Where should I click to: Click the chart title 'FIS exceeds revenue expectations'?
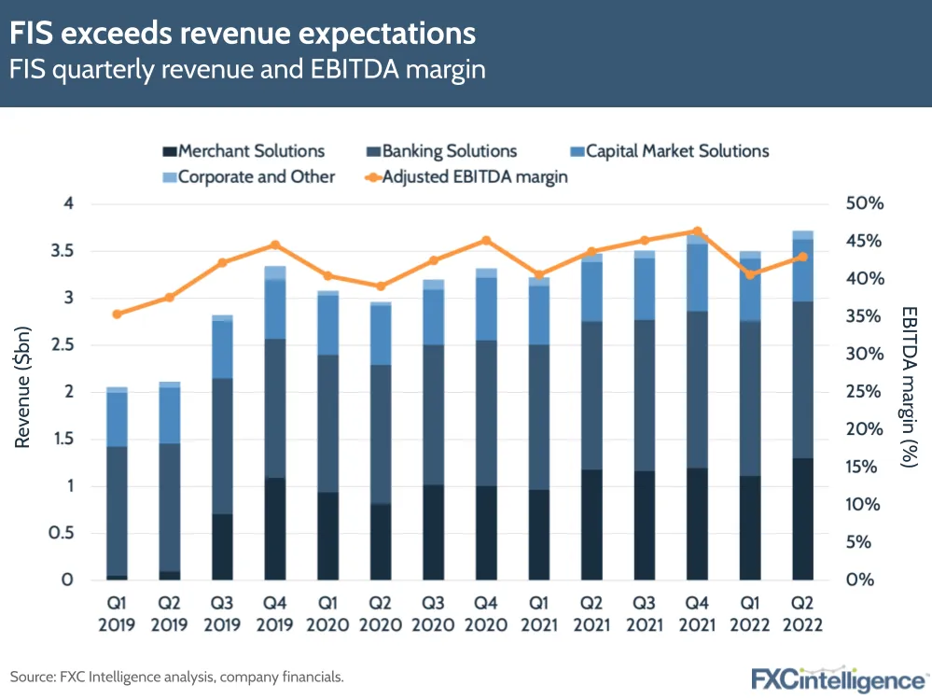[243, 35]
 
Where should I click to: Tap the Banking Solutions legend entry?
[439, 150]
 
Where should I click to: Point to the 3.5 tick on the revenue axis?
[61, 251]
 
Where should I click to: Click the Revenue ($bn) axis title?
[22, 392]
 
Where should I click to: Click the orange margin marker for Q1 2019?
[117, 315]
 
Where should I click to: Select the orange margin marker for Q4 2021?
[697, 231]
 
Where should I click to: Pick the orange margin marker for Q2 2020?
[381, 287]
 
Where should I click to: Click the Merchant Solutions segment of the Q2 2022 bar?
[802, 519]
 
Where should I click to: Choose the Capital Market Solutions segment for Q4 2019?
[275, 309]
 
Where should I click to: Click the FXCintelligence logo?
[840, 678]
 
